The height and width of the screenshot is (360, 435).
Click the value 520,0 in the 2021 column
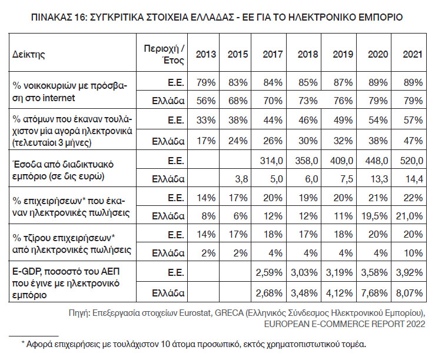coord(410,161)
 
